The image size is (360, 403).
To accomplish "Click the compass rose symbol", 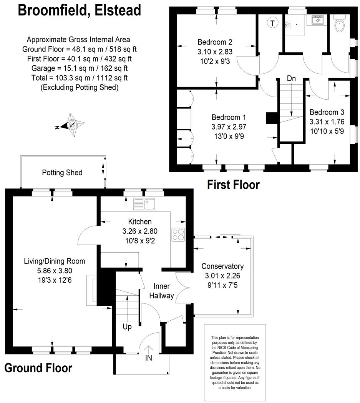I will pos(71,125).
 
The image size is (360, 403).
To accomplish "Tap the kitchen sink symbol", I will pos(144,204).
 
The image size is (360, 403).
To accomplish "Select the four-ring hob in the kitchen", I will pos(179,234).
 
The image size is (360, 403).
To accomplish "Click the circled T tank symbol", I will pos(272,23).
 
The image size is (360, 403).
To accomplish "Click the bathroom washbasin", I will pos(317,20).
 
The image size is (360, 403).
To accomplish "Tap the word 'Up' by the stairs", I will pos(127,327).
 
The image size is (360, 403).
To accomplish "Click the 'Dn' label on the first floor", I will pos(291,78).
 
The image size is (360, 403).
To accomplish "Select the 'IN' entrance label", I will pos(149,358).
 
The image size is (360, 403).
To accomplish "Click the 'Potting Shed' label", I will pos(62,173).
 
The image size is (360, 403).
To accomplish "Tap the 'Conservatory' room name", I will pos(222,266).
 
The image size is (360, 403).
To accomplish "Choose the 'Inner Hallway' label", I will pos(164,291).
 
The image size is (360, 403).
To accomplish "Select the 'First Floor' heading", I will pos(233,185).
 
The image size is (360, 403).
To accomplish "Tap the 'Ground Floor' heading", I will pos(38,368).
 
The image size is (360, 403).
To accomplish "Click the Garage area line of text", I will pos(79,68).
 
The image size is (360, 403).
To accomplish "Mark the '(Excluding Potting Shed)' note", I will pos(79,88).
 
